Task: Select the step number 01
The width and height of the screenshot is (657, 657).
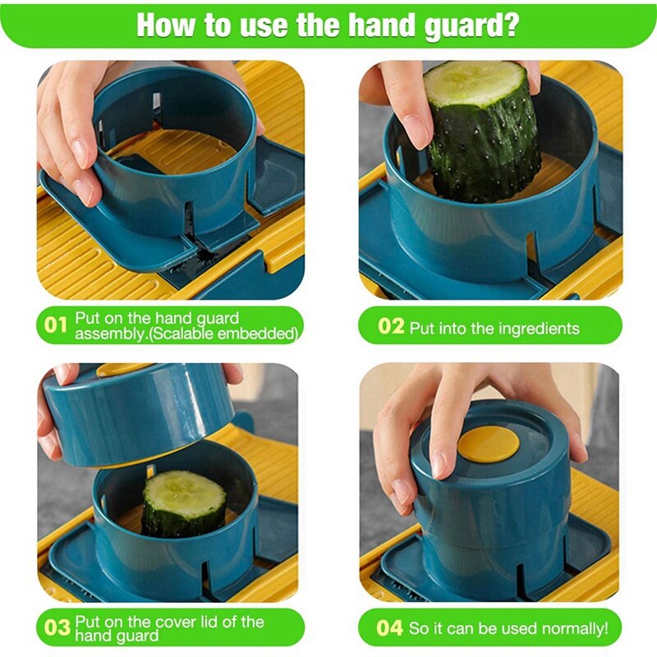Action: point(55,325)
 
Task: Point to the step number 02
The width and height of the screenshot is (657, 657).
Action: point(391,326)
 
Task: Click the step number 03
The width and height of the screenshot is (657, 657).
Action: point(57,628)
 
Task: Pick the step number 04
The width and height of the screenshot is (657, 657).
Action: point(389,628)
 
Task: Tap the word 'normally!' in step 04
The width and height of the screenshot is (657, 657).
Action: point(574,629)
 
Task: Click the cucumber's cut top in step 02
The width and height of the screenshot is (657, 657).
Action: point(475,84)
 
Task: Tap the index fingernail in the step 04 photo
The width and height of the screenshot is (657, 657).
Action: point(438,466)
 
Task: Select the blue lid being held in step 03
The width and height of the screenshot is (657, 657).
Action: point(138,415)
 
